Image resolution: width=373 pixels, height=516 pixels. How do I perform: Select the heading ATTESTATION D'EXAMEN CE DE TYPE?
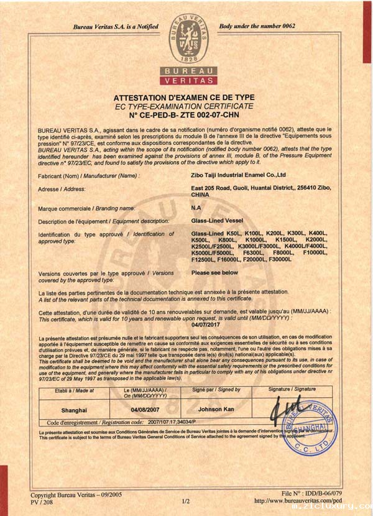[x=184, y=98]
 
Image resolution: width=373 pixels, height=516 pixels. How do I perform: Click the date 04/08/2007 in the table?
[x=145, y=410]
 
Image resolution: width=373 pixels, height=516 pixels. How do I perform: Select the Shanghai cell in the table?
[x=74, y=410]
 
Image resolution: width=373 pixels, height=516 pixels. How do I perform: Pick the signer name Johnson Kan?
[x=216, y=410]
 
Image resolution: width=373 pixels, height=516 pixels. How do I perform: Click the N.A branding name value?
[x=196, y=208]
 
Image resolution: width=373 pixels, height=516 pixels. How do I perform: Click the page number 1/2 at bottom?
[x=185, y=501]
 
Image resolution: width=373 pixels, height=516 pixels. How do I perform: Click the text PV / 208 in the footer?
[x=43, y=501]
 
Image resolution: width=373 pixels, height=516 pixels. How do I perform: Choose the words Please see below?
[x=214, y=272]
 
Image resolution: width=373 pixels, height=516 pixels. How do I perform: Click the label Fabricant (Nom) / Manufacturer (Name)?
[x=89, y=176]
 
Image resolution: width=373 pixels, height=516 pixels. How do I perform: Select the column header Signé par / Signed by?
[x=216, y=390]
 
